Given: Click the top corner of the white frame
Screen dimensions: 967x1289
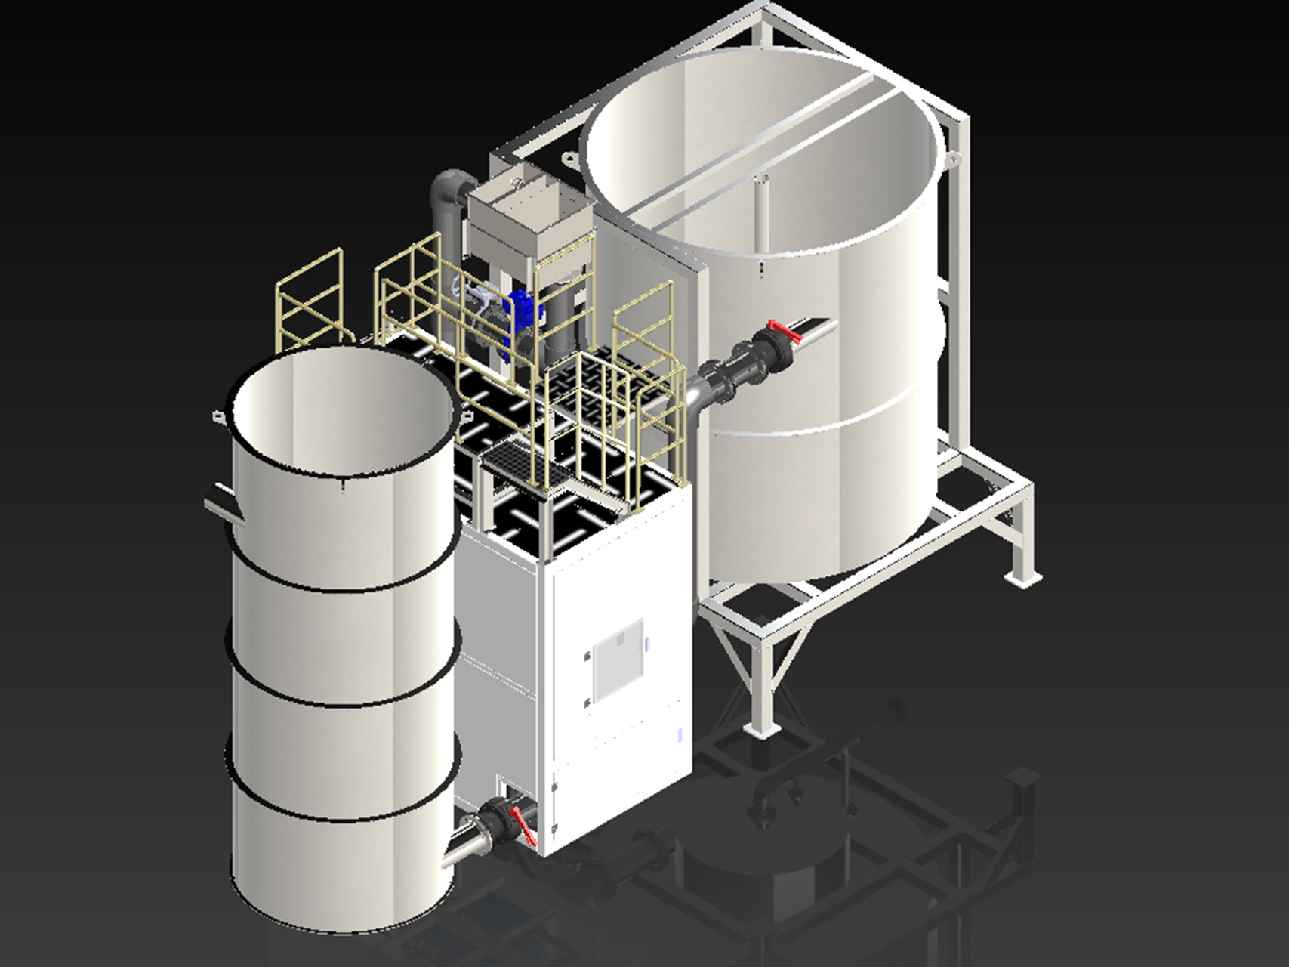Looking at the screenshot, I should [x=767, y=9].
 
